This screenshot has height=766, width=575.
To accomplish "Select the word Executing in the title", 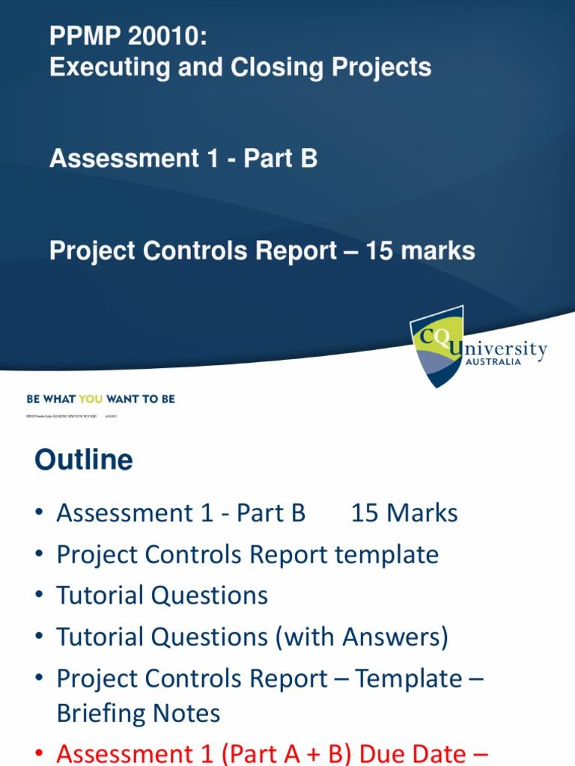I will [102, 67].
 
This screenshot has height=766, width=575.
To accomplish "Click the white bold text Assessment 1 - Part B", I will [183, 159].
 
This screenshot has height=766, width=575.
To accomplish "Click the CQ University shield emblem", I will [436, 346].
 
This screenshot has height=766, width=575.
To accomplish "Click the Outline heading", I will [83, 460].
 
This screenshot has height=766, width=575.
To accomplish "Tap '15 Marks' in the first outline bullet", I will [404, 513].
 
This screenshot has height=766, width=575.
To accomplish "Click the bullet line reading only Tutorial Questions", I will [162, 596].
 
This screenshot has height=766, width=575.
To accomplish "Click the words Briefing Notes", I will [139, 713].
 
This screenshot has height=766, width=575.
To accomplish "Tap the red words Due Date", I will [424, 754].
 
